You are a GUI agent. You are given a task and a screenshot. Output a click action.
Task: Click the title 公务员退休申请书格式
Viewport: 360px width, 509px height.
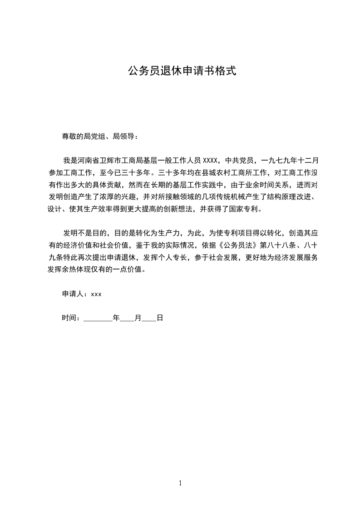(182, 71)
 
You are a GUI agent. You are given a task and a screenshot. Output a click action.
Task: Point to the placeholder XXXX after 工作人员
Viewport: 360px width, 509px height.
(211, 160)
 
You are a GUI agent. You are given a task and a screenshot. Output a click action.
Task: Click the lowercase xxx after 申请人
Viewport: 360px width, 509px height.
(96, 294)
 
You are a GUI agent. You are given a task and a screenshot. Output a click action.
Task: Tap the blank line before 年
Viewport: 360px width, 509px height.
(98, 318)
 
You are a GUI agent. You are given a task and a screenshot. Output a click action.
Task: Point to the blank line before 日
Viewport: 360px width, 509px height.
(148, 318)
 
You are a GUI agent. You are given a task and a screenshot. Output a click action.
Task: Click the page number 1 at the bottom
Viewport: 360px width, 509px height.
(180, 484)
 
